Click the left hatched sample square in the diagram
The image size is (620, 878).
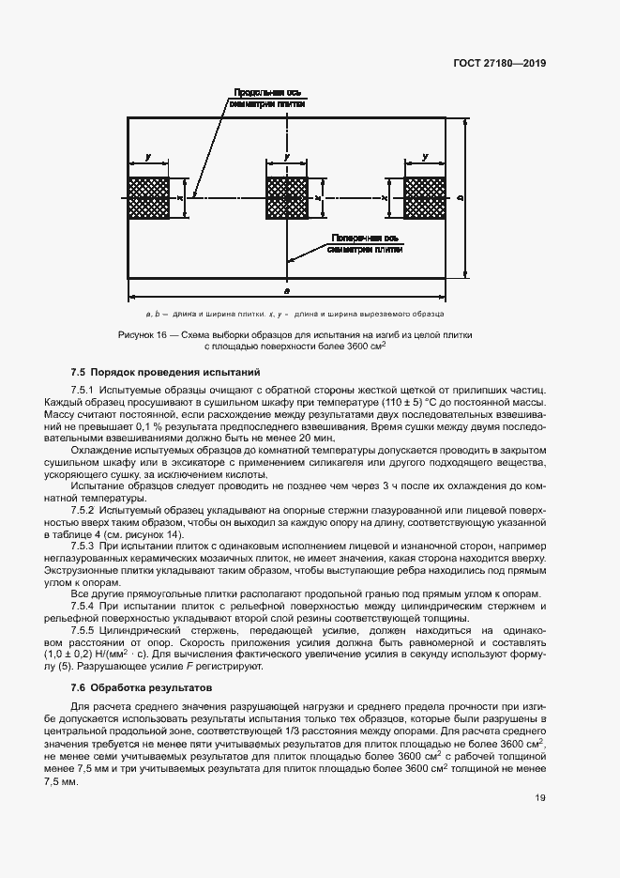click(148, 198)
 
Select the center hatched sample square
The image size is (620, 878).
click(287, 198)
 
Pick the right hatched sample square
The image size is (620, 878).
click(425, 198)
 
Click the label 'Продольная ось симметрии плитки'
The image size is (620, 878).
click(262, 99)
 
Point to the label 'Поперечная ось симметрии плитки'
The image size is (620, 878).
click(365, 244)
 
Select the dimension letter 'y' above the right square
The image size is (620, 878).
click(426, 157)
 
